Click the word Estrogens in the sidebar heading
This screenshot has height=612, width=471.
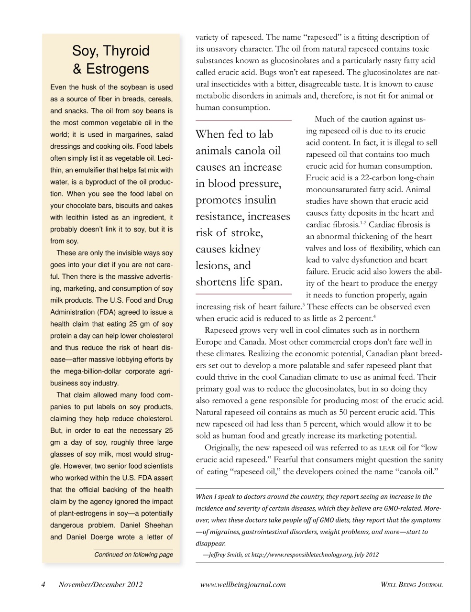[x=118, y=69]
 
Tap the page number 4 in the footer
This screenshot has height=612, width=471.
[x=43, y=584]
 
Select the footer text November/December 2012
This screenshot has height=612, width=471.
[x=100, y=584]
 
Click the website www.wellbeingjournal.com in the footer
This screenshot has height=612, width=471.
[x=243, y=584]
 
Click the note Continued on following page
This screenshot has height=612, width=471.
[x=133, y=555]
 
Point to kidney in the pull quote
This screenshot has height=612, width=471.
[x=244, y=249]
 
